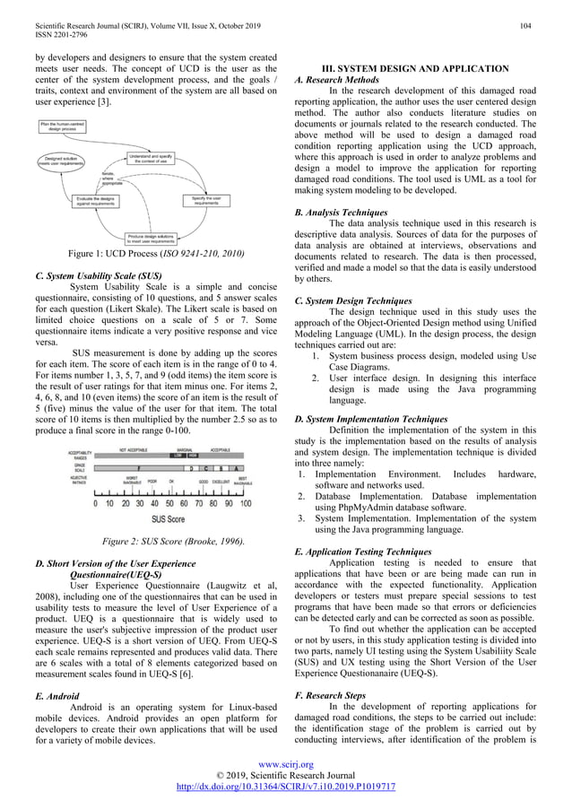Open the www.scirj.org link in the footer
[286, 765]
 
